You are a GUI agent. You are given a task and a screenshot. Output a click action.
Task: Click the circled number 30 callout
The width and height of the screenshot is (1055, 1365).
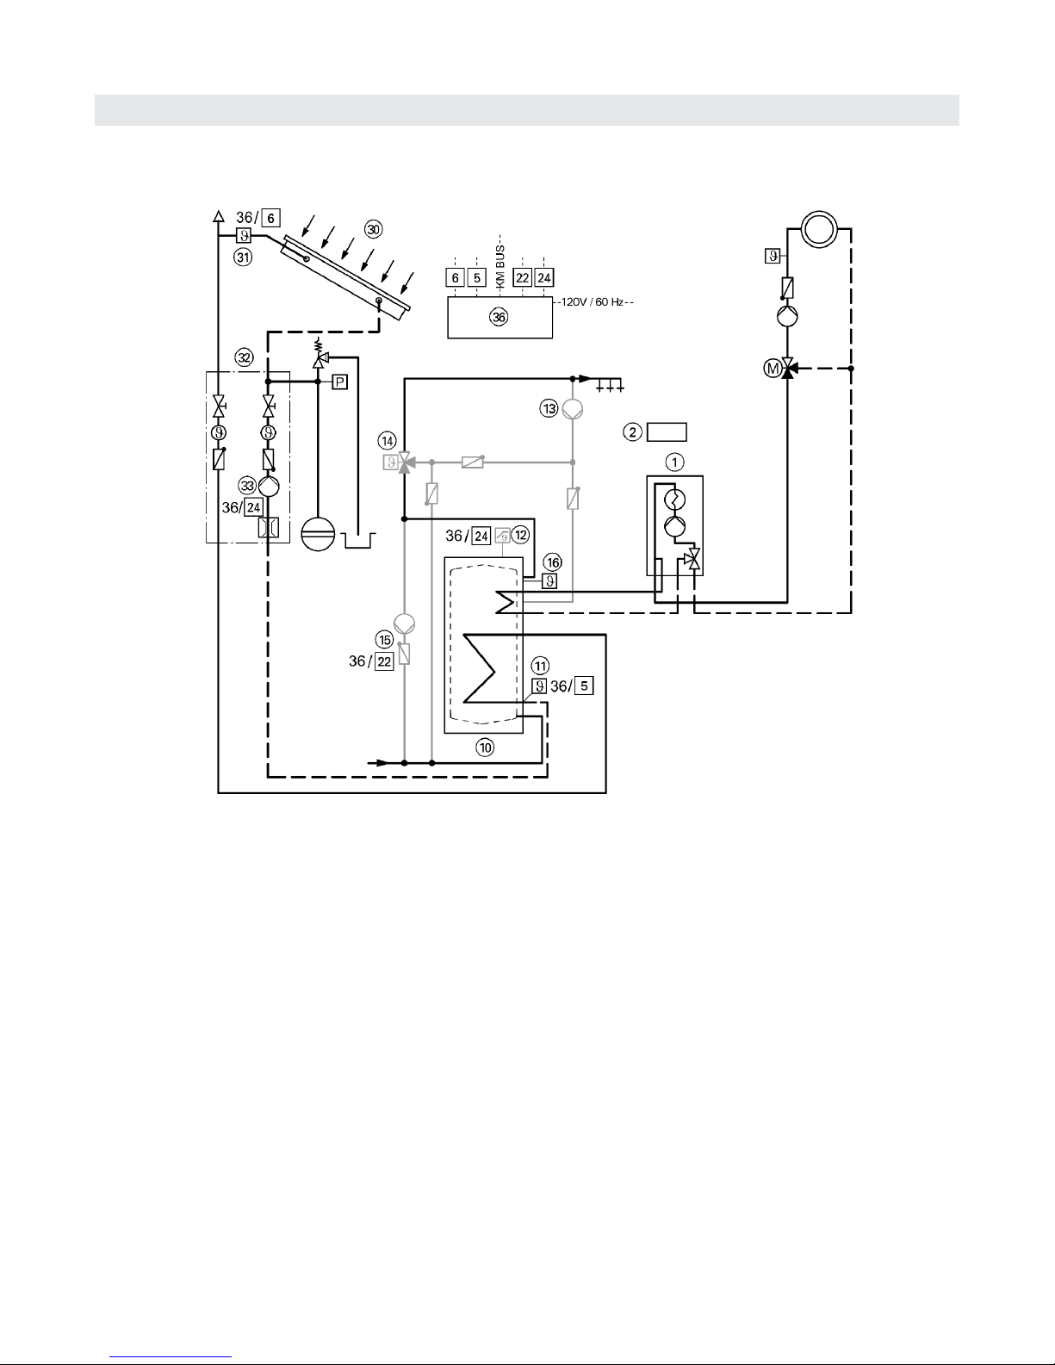click(374, 229)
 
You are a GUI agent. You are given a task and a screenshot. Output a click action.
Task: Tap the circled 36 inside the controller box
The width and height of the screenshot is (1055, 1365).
click(499, 317)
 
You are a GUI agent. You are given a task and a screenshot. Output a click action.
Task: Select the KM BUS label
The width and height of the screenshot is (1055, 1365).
click(500, 267)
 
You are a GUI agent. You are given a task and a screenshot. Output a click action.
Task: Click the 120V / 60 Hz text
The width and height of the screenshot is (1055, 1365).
click(593, 302)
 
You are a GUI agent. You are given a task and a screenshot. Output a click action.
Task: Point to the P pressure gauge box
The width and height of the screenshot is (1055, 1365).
click(339, 382)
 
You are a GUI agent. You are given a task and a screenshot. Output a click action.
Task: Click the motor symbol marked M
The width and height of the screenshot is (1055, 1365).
click(773, 369)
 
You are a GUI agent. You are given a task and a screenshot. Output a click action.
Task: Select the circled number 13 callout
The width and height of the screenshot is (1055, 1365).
click(549, 409)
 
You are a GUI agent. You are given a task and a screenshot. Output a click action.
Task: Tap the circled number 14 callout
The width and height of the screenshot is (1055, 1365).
click(388, 441)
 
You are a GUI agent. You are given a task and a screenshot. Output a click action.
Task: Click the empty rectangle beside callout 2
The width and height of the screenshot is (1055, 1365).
click(667, 432)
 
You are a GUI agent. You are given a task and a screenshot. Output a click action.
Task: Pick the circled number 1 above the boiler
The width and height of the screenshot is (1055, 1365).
click(674, 463)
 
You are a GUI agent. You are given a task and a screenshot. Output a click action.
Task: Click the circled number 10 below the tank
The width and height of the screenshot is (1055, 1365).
click(486, 748)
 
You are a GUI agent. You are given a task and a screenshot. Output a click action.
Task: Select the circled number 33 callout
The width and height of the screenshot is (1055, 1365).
click(247, 486)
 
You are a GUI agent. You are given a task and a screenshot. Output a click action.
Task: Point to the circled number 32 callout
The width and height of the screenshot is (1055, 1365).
click(244, 358)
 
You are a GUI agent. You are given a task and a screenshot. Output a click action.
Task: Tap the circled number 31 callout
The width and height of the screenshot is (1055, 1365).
click(243, 257)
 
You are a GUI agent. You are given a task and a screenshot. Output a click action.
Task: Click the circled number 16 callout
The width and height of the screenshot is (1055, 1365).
click(553, 562)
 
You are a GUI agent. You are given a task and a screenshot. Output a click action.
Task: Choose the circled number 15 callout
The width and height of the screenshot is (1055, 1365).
click(384, 640)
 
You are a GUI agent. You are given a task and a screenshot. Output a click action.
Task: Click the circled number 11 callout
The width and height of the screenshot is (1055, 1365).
click(540, 666)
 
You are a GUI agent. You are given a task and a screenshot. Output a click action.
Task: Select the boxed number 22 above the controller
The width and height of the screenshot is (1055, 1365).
click(523, 277)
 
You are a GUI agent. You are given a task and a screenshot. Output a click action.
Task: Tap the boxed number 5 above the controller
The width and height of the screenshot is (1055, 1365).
click(476, 277)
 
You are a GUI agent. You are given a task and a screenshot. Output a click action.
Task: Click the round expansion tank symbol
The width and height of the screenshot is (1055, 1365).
click(319, 534)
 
